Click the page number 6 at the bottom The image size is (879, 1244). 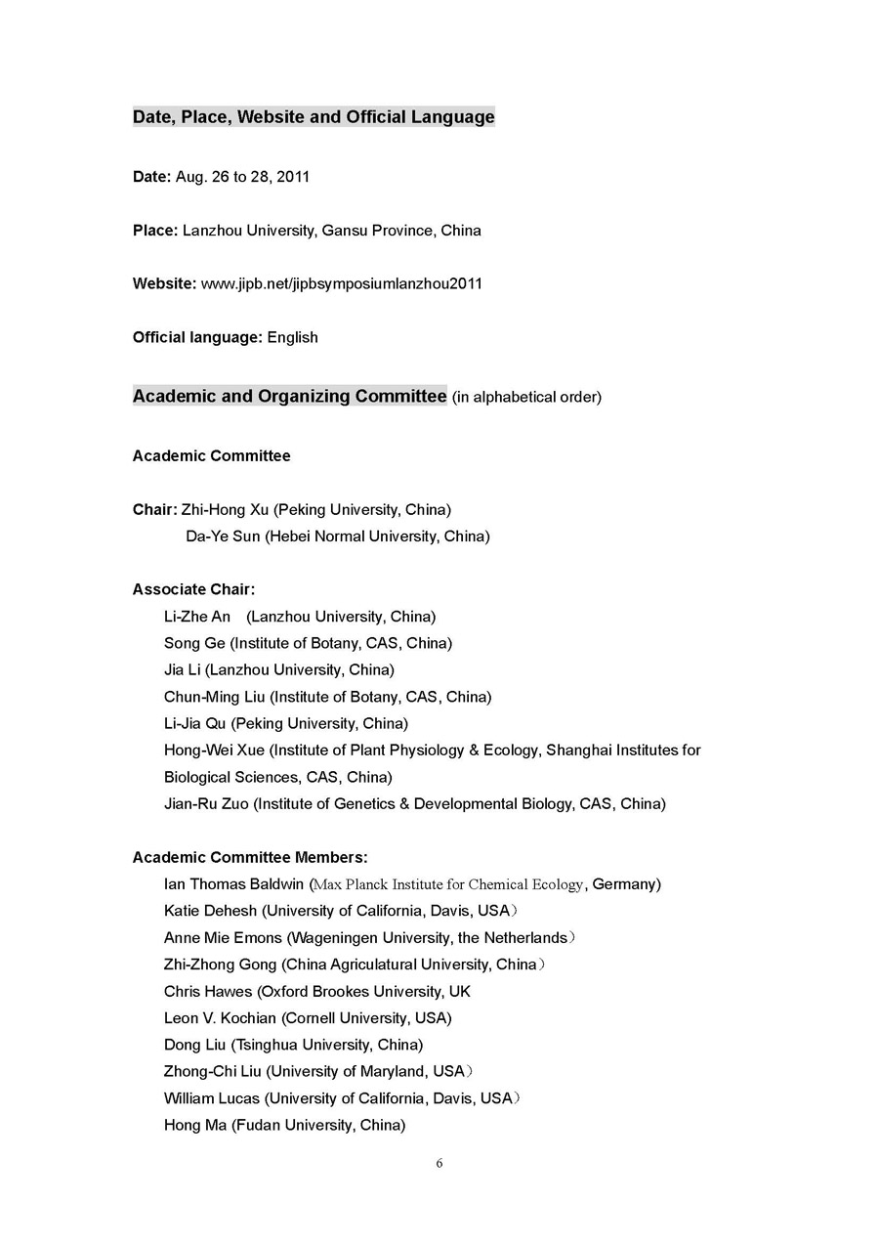point(439,1163)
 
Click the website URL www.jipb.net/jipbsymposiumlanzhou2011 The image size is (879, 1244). point(341,284)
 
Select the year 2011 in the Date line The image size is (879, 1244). point(293,177)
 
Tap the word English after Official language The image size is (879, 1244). point(292,338)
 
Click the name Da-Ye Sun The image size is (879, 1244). point(223,536)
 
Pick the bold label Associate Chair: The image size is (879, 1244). point(193,589)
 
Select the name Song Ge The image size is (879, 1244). point(194,643)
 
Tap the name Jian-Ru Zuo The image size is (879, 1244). point(206,804)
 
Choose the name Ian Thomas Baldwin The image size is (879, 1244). point(233,884)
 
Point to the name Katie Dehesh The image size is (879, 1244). point(210,911)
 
